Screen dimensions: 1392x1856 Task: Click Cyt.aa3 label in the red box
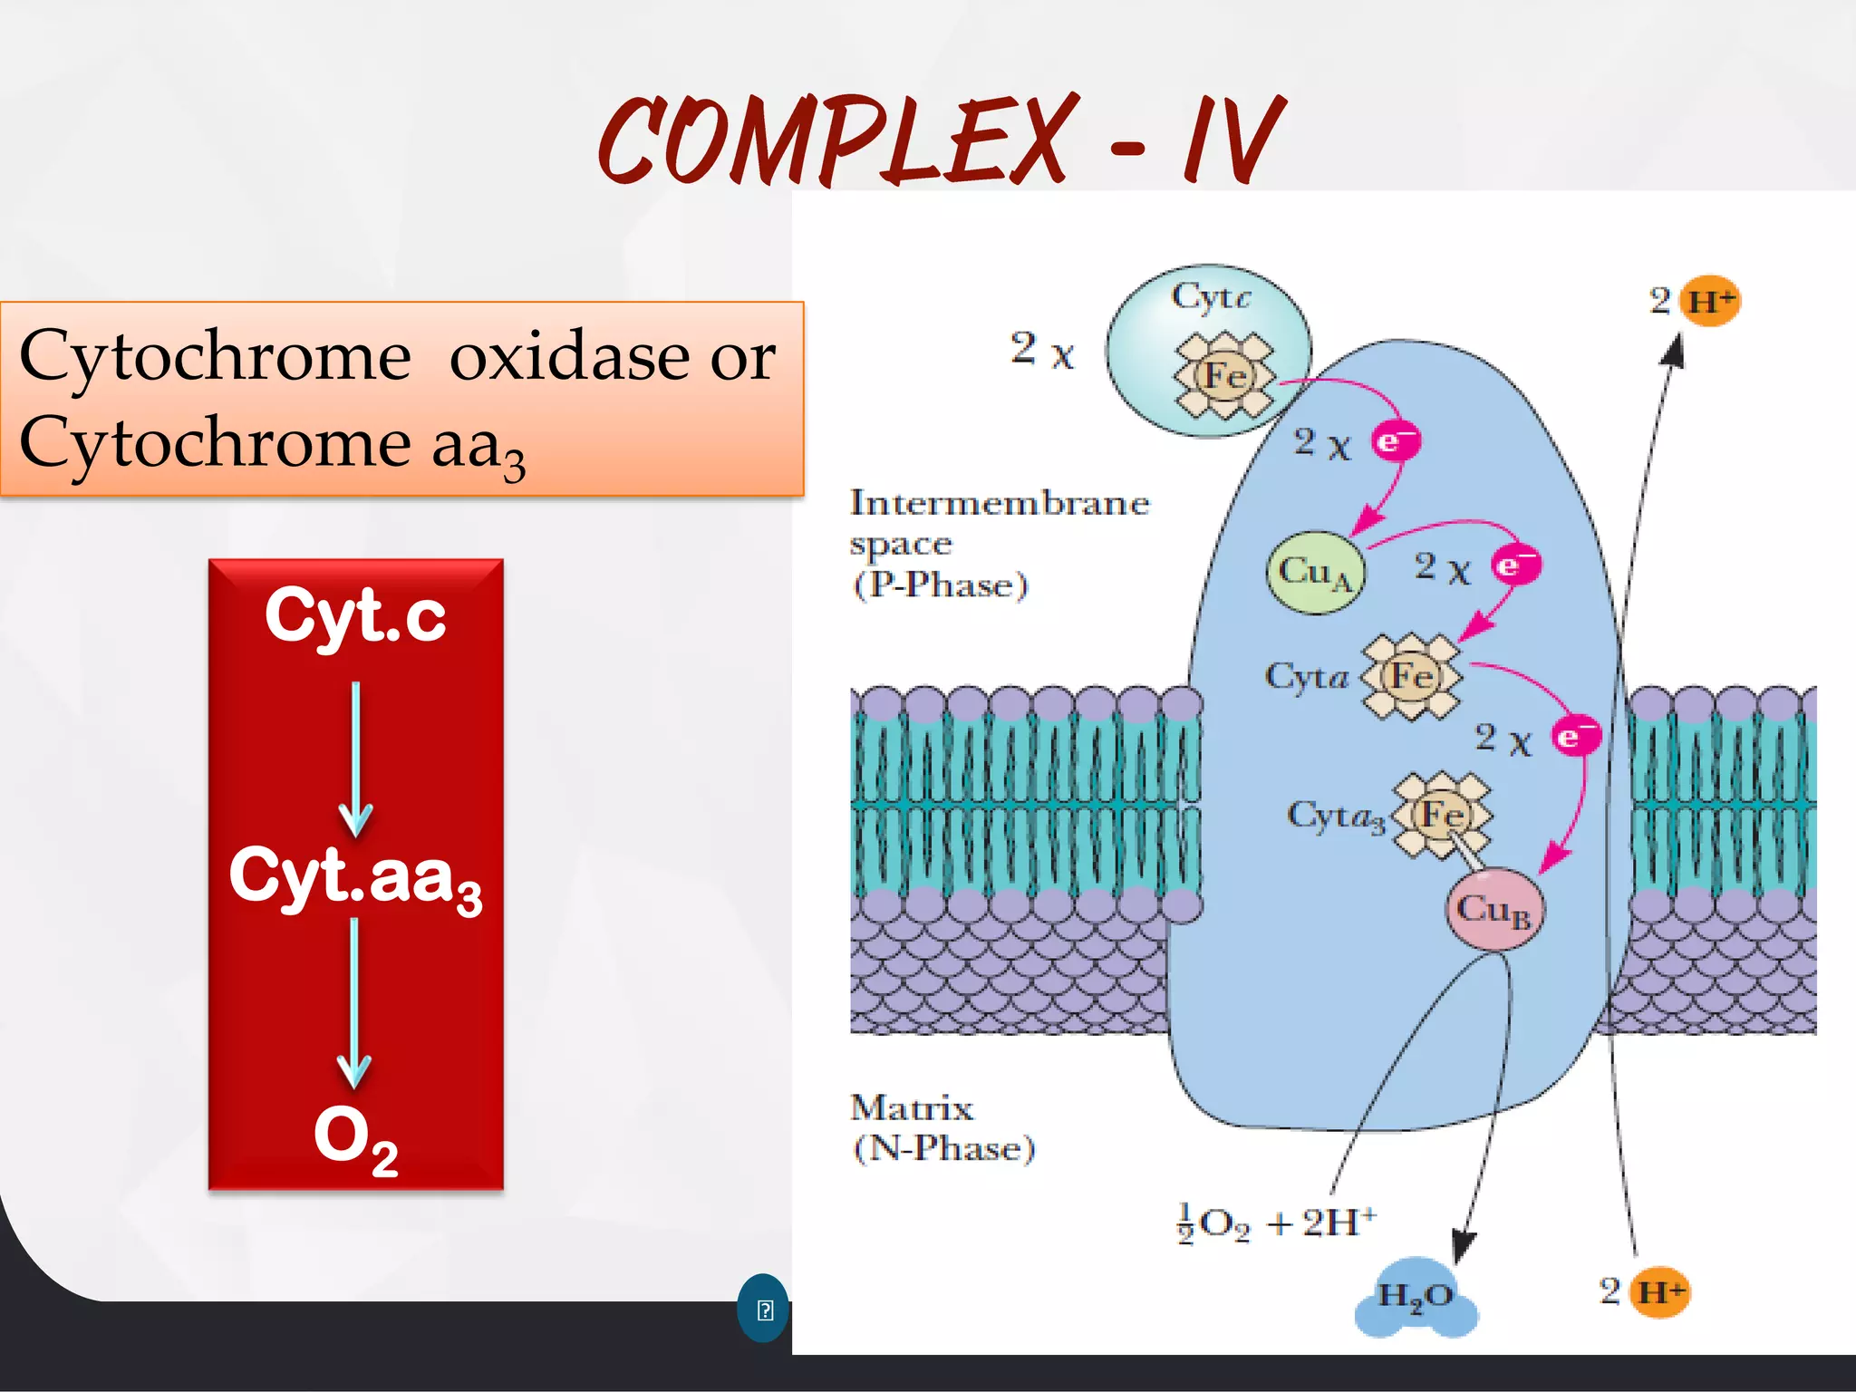tap(355, 877)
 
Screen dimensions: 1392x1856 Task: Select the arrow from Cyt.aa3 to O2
tap(354, 1001)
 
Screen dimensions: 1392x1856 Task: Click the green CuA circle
tap(1315, 572)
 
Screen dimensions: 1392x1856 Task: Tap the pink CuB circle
tap(1493, 909)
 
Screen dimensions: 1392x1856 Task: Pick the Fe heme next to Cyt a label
tap(1412, 677)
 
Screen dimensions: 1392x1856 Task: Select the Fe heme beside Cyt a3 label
tap(1442, 814)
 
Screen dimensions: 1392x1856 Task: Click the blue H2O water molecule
tap(1416, 1297)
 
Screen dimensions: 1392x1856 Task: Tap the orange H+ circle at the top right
tap(1710, 301)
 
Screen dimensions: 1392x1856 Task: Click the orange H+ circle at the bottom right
tap(1660, 1290)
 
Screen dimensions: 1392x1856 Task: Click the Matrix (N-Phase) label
tap(942, 1128)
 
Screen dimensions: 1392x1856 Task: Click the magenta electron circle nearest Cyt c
tap(1395, 441)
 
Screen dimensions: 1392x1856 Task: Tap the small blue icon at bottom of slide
tap(763, 1309)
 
